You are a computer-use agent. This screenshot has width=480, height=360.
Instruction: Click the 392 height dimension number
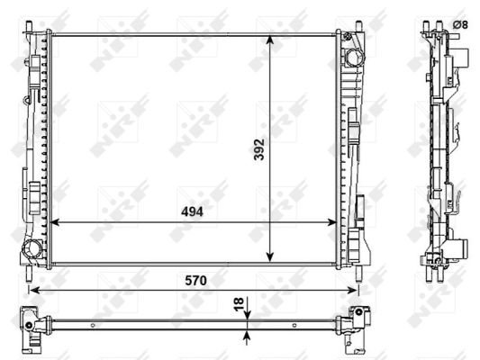coord(259,149)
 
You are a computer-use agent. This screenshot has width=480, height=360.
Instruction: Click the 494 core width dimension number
coord(192,211)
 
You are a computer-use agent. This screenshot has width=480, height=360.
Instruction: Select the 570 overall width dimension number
coord(195,281)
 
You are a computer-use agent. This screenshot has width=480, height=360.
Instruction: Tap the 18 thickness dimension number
coord(239,304)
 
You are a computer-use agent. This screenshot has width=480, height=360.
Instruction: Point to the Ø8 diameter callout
coord(460,25)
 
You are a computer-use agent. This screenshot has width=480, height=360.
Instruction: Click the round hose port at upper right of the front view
coord(355,58)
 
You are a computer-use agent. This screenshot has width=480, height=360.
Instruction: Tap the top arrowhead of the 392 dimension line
coord(269,40)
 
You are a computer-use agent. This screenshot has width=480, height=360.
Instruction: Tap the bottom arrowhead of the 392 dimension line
coord(269,256)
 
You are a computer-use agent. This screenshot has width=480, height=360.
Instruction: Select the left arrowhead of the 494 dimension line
coord(55,222)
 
